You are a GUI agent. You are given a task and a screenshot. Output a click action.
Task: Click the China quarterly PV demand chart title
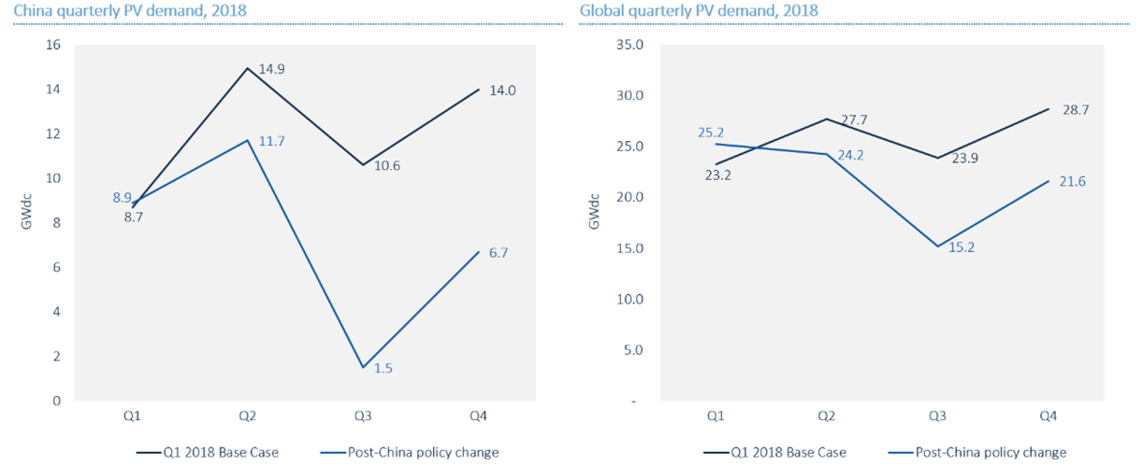pyautogui.click(x=130, y=11)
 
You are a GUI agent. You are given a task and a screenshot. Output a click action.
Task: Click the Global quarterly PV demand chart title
pyautogui.click(x=699, y=11)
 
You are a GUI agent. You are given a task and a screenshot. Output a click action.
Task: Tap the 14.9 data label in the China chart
pyautogui.click(x=271, y=69)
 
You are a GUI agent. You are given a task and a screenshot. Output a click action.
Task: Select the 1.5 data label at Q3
pyautogui.click(x=383, y=368)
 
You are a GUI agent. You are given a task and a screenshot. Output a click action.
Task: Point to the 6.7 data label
pyautogui.click(x=498, y=253)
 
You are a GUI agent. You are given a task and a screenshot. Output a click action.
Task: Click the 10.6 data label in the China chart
pyautogui.click(x=387, y=166)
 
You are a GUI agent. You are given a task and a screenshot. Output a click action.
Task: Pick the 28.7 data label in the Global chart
pyautogui.click(x=1075, y=110)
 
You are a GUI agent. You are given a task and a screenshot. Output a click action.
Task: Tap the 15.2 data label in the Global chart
pyautogui.click(x=961, y=247)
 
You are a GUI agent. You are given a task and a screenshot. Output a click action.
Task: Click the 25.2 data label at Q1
pyautogui.click(x=711, y=133)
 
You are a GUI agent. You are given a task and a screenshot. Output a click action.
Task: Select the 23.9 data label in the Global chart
pyautogui.click(x=965, y=158)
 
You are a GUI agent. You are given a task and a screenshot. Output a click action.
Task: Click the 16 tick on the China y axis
pyautogui.click(x=53, y=45)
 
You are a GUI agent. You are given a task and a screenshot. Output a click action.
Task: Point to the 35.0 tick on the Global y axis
pyautogui.click(x=630, y=45)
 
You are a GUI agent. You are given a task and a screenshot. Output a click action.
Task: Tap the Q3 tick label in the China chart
pyautogui.click(x=363, y=416)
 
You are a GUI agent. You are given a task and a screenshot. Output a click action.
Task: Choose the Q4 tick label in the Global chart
pyautogui.click(x=1048, y=416)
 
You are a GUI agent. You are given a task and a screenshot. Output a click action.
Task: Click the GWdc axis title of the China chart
pyautogui.click(x=27, y=212)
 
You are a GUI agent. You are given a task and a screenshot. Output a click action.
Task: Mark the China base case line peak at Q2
pyautogui.click(x=247, y=68)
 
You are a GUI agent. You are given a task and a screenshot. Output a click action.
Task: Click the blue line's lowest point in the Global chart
pyautogui.click(x=938, y=246)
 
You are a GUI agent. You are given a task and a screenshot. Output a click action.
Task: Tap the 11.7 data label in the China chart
pyautogui.click(x=271, y=141)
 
